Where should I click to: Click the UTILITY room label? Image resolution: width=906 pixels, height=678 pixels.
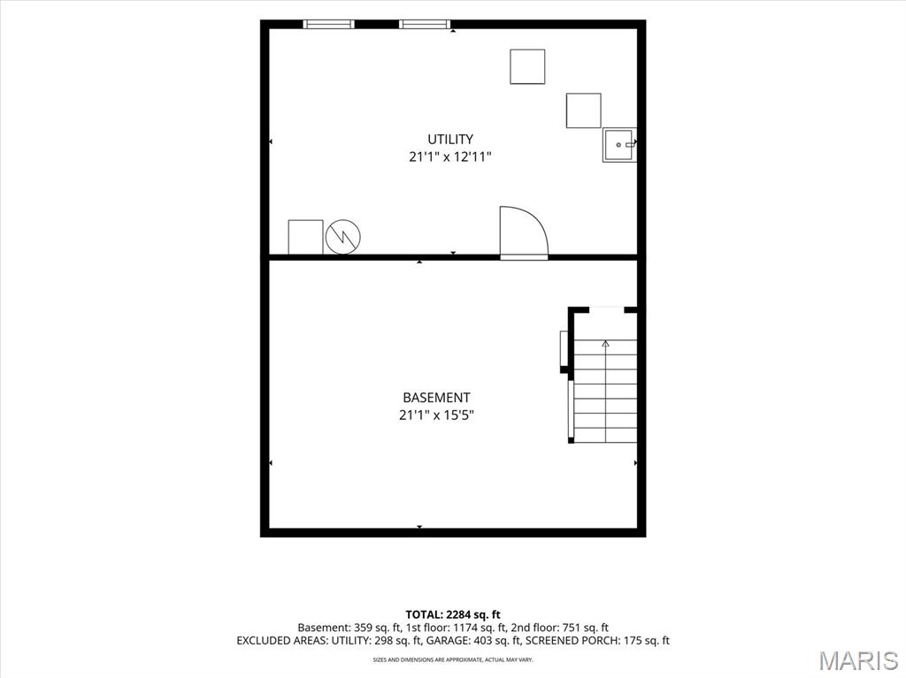coord(450,139)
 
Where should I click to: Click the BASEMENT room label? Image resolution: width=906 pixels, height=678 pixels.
coord(436,398)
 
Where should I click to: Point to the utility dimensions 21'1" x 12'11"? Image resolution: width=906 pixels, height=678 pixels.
coord(450,156)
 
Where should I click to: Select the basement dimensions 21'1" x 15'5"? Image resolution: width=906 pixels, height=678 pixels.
coord(436,415)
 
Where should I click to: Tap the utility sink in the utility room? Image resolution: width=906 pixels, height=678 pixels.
coord(619,145)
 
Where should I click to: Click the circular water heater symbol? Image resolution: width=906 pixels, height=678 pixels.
coord(343,237)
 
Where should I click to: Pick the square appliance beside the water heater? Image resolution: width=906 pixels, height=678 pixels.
coord(305,237)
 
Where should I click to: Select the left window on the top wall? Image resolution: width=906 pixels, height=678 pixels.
coord(329,24)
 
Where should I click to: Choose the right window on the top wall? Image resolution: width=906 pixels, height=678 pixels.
coord(425,24)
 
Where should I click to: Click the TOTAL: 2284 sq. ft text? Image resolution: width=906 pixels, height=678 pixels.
coord(453,614)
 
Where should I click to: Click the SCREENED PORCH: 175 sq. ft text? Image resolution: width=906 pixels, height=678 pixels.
coord(597,641)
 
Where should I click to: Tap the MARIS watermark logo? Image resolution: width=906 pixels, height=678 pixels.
coord(858,660)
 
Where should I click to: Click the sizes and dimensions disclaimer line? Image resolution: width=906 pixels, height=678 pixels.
coord(453,659)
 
